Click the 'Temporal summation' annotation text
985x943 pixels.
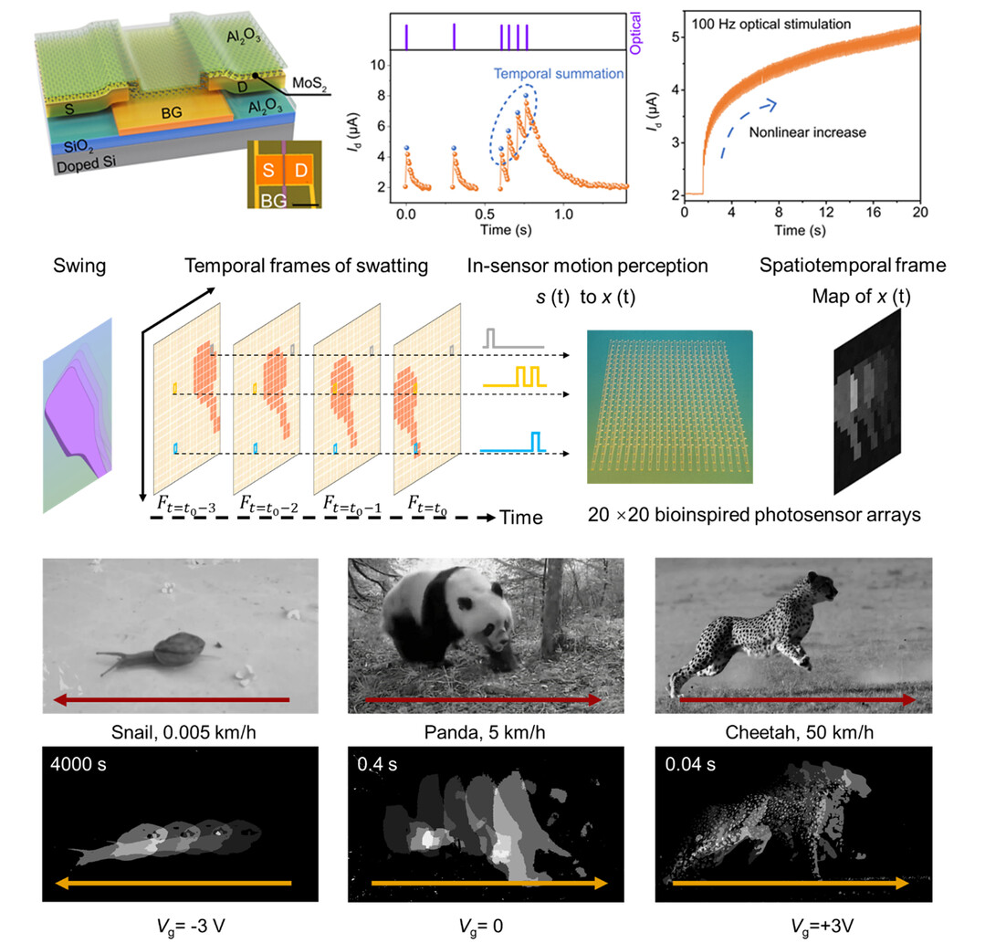(x=559, y=73)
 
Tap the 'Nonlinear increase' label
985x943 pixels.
(x=807, y=132)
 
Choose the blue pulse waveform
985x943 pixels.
(x=513, y=442)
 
